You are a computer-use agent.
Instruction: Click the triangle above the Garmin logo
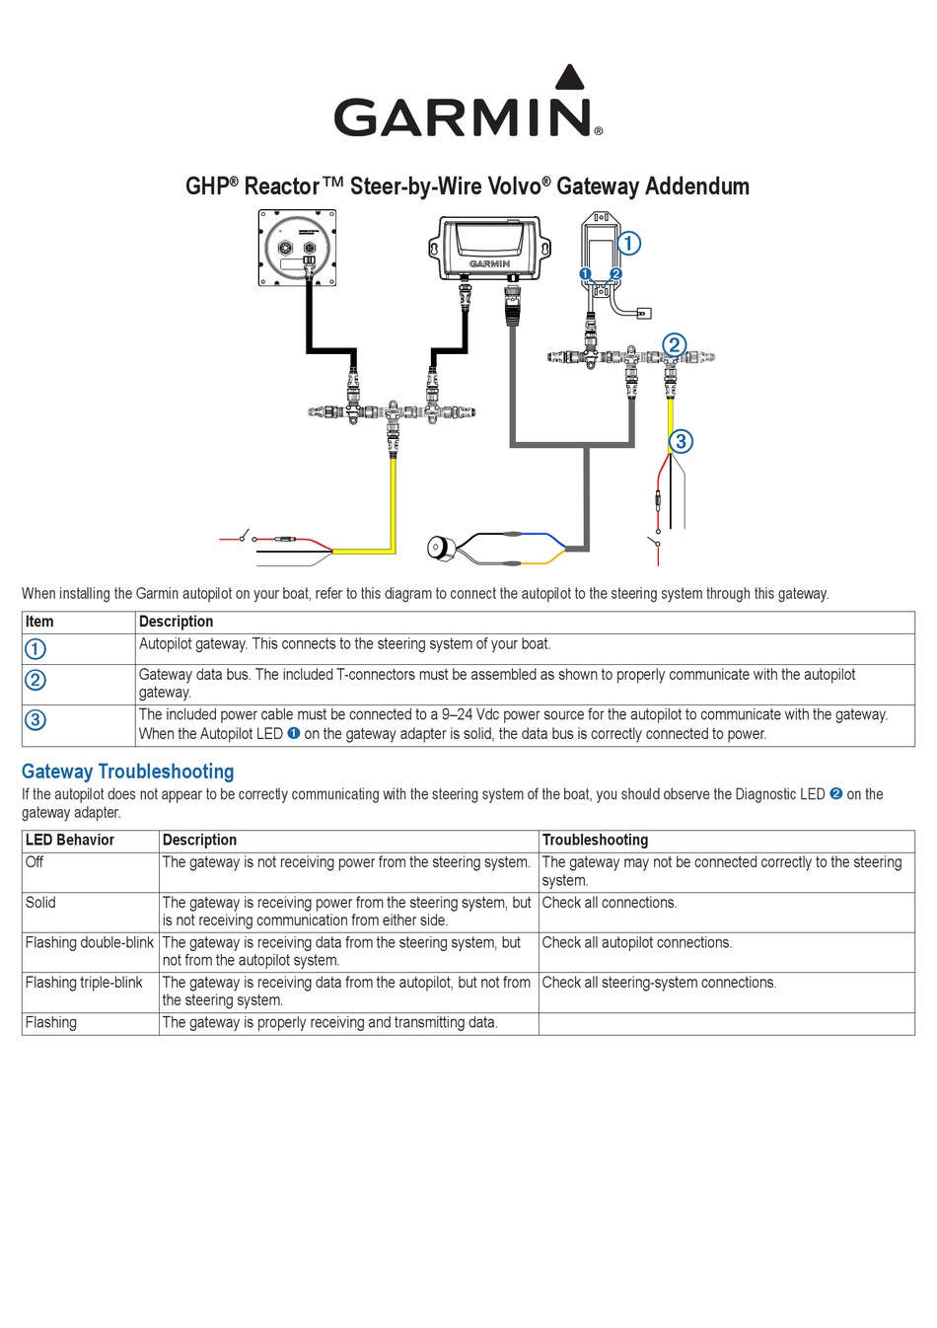click(x=570, y=79)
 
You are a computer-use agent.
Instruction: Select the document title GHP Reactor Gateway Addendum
click(x=468, y=186)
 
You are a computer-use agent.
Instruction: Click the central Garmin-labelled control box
click(x=489, y=248)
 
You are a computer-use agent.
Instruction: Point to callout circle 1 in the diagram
click(x=628, y=242)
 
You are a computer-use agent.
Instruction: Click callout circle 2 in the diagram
click(x=674, y=344)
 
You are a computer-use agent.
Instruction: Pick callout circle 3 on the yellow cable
click(x=681, y=441)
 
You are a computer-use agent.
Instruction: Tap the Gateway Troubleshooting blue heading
click(x=128, y=772)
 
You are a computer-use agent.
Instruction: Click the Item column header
click(x=39, y=622)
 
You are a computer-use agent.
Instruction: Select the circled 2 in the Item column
click(x=35, y=680)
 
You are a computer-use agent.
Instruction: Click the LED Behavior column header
click(x=70, y=840)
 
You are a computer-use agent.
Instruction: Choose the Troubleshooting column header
click(x=595, y=840)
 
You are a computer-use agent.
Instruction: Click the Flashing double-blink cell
click(x=89, y=942)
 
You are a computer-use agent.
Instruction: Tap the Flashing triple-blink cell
click(x=84, y=983)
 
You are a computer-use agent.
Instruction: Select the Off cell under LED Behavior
click(x=35, y=862)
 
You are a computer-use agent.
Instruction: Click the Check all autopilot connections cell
click(x=637, y=942)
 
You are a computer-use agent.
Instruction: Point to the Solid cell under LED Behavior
click(x=40, y=903)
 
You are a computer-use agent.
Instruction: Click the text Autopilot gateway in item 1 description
click(x=192, y=644)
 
